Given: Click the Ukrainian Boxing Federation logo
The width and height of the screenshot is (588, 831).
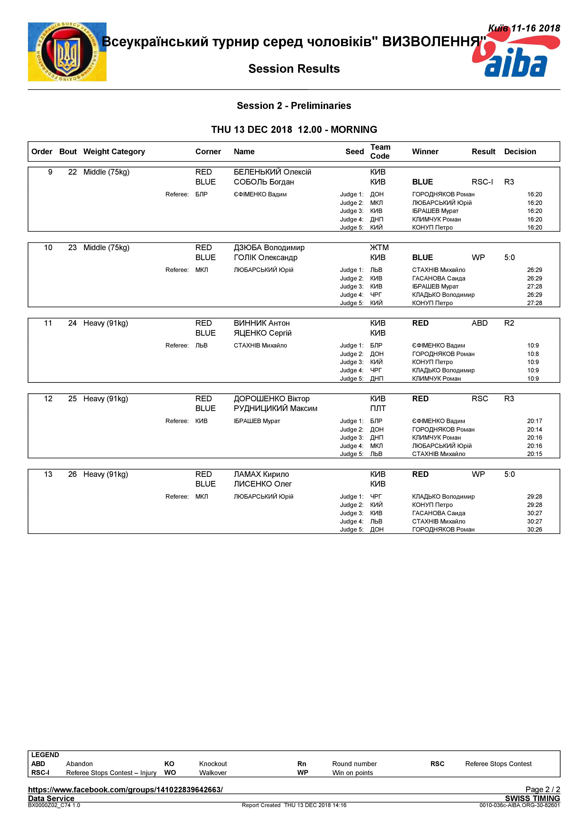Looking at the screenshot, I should pos(67,52).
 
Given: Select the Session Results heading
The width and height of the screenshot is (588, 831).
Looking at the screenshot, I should pos(294,69).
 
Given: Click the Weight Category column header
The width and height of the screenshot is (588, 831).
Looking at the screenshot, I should pos(114,152).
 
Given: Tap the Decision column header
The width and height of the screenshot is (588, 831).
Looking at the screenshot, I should pos(520,152).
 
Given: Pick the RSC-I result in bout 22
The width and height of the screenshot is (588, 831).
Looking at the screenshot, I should pos(482,182).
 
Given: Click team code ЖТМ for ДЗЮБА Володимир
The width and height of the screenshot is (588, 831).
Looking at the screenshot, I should pos(379,248).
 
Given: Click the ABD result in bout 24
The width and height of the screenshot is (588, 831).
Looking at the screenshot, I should pos(479,323).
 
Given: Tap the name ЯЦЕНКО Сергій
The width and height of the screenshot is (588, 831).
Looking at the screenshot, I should pos(262,333).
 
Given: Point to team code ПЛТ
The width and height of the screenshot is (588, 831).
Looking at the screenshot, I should pos(378,409).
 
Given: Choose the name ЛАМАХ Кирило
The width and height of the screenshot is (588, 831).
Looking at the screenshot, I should pos(261,474).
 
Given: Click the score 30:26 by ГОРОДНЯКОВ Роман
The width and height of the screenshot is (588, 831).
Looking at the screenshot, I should pos(534,529).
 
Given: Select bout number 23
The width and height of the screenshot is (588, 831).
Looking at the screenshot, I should pos(72,248).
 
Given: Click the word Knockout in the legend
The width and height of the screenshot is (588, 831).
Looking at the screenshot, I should pos(213,764).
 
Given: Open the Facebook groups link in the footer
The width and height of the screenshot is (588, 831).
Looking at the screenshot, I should pos(125,790).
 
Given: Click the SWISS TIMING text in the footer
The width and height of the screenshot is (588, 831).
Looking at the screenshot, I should pos(532,798).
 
